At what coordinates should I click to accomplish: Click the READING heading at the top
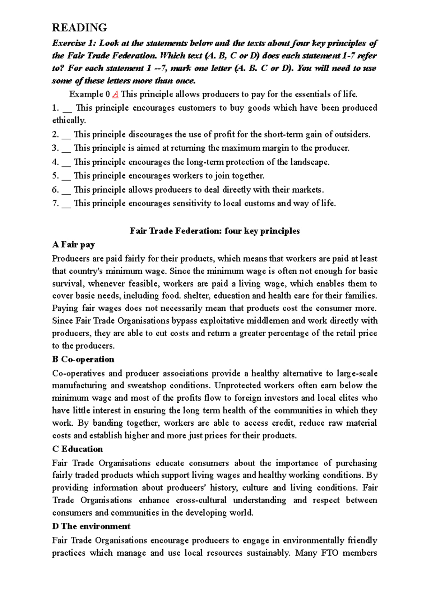(79, 28)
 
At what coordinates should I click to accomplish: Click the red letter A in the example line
(115, 94)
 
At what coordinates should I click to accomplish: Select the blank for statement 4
(66, 163)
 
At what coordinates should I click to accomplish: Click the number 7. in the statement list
(55, 203)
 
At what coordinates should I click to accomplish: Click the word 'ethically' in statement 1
(69, 120)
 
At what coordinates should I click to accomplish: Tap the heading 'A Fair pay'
(73, 245)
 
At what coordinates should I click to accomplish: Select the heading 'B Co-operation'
(83, 359)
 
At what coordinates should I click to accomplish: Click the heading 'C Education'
(77, 449)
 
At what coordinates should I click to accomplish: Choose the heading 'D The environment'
(91, 526)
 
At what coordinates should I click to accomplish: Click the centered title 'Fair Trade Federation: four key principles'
(214, 231)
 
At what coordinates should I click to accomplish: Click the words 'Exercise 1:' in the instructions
(74, 43)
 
